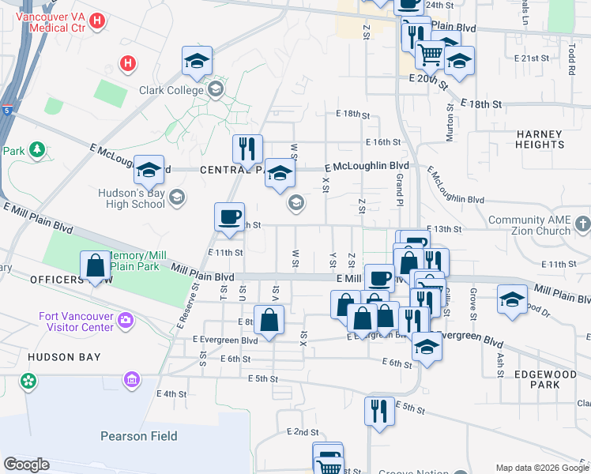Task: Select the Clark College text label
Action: click(172, 90)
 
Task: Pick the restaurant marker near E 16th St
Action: click(247, 149)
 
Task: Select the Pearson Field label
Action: click(138, 435)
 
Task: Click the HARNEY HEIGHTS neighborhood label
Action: click(540, 139)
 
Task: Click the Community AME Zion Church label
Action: click(529, 225)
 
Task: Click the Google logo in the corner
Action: click(27, 465)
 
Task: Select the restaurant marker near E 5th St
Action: click(379, 412)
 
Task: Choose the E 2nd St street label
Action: click(302, 432)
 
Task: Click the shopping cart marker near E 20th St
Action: click(430, 55)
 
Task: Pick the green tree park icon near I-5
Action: click(36, 149)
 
